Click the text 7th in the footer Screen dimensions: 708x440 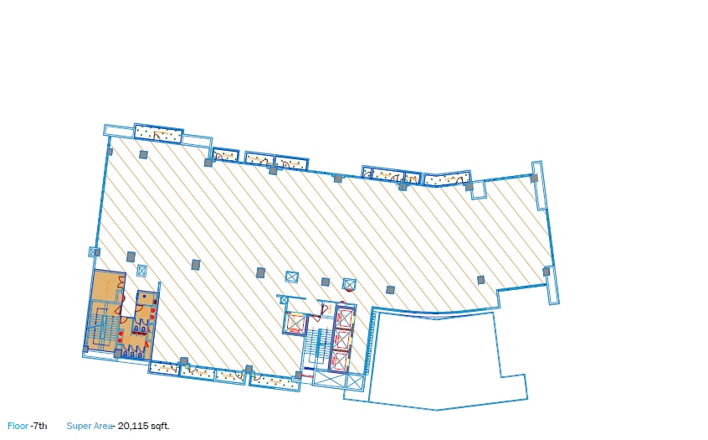(x=39, y=426)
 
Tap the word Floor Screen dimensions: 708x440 (x=18, y=426)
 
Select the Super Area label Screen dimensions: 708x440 (x=90, y=426)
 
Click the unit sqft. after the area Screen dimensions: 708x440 (x=160, y=426)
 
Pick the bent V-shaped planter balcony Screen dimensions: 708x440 (x=447, y=179)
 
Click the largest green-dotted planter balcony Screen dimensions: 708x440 (x=158, y=132)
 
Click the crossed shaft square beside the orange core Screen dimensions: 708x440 (x=141, y=271)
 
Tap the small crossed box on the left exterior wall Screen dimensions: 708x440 (x=94, y=252)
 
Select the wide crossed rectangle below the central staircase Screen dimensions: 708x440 (x=338, y=380)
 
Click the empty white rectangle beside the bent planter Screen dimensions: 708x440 (x=479, y=190)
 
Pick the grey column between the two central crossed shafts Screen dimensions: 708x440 (x=325, y=282)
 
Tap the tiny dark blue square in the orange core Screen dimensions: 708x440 (x=144, y=297)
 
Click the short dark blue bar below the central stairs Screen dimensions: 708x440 (x=309, y=370)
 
